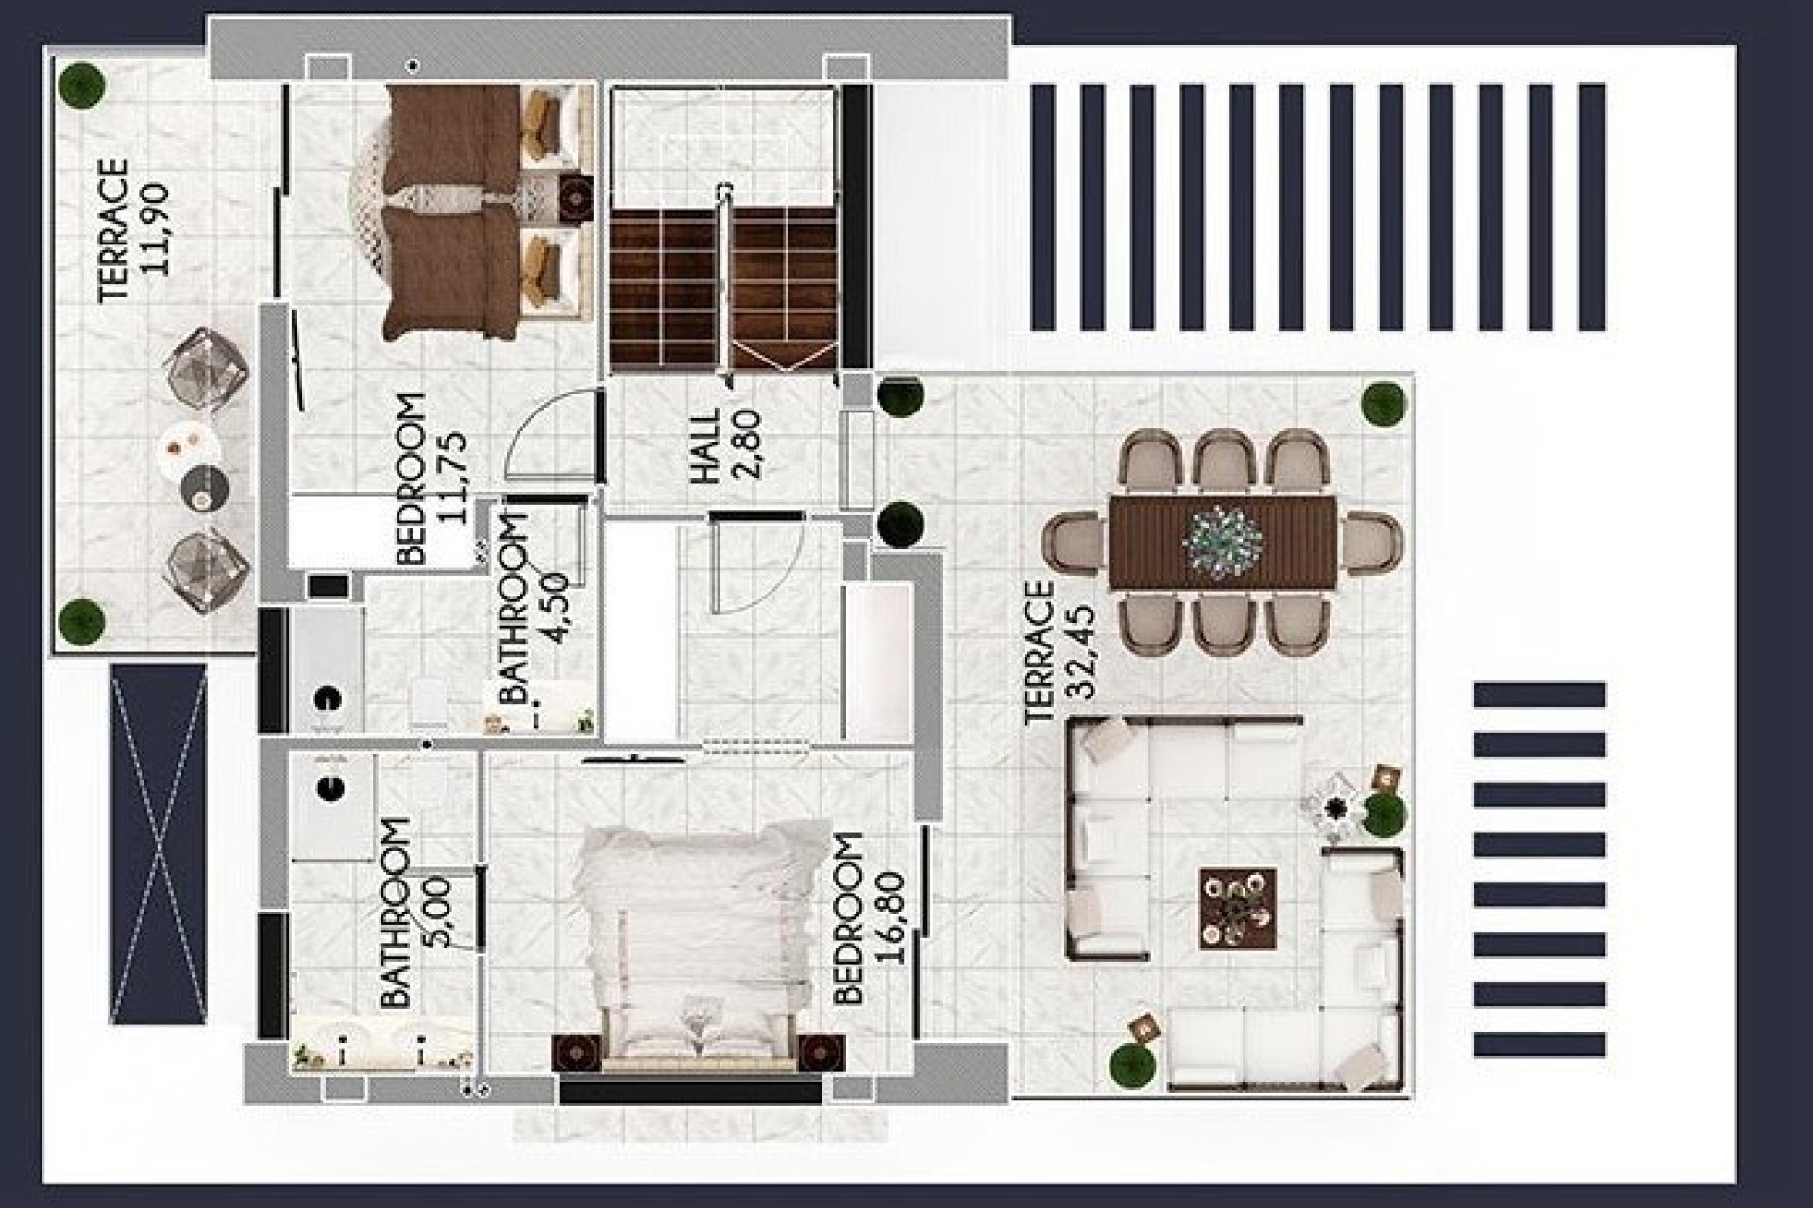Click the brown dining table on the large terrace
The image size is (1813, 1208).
point(1224,543)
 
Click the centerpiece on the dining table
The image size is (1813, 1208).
point(1224,541)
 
